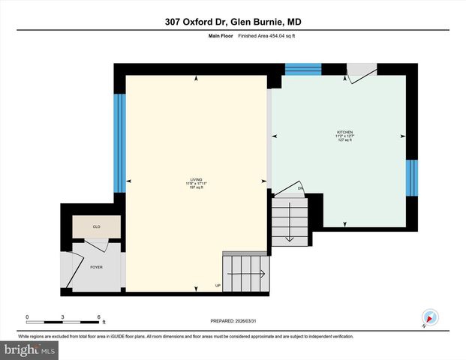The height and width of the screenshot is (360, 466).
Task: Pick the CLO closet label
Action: (96, 226)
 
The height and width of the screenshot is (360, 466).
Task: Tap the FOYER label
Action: (96, 267)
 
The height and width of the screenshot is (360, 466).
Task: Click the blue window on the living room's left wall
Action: (119, 142)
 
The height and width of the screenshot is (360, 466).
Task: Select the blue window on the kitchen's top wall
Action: (303, 69)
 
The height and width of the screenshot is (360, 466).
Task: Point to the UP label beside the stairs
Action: (218, 286)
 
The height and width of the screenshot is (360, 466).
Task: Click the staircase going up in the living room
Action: (245, 274)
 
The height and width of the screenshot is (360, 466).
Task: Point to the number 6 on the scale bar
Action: (98, 317)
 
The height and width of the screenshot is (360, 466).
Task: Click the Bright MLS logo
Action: (30, 349)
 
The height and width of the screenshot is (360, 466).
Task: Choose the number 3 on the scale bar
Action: (63, 317)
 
